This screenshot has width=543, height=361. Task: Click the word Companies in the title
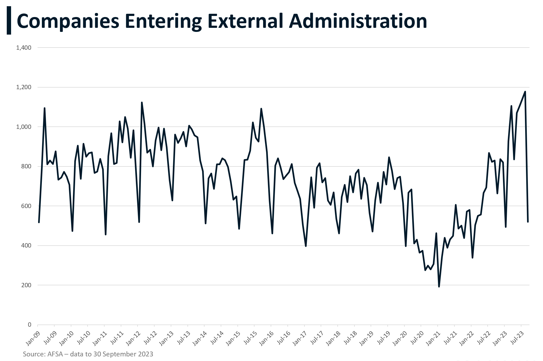68,21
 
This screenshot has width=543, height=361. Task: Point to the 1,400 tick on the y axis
24,48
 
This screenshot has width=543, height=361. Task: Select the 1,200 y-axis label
24,87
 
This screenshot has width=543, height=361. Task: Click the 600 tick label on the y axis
26,206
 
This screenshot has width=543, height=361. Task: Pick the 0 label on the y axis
29,325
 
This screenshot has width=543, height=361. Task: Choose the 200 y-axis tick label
26,285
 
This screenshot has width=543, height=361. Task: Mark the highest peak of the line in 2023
525,92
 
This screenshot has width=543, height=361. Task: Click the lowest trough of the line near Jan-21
439,286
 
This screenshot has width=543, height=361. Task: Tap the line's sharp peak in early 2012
142,102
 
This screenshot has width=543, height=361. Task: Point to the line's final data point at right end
528,222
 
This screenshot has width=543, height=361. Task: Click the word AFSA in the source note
55,354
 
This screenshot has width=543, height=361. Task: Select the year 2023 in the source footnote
146,354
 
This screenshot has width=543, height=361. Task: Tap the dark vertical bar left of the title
9,21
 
